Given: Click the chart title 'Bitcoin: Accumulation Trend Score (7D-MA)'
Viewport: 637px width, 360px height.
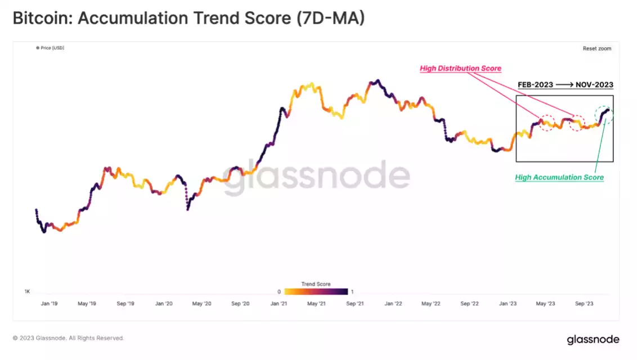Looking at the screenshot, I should [189, 19].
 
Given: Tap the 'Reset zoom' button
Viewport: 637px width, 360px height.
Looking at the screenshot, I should [596, 48].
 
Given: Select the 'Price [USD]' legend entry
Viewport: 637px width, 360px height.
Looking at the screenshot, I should [50, 48].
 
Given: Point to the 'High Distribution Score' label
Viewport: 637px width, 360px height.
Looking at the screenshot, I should [460, 69].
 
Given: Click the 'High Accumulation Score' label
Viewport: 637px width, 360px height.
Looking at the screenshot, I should [559, 177].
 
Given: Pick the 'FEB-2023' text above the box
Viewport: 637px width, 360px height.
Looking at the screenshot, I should [535, 85].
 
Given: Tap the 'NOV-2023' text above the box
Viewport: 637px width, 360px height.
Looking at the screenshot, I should [594, 85].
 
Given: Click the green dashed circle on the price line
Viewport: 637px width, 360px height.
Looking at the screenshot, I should [604, 115].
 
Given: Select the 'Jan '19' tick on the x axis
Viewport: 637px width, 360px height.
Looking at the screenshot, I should [48, 304].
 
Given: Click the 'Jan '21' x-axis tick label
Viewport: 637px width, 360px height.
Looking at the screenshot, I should [280, 304].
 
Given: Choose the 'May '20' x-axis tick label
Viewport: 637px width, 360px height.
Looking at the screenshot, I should [201, 304].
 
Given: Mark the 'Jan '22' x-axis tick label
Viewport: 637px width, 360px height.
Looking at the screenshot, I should [393, 304].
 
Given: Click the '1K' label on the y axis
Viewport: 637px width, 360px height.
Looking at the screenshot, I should [27, 292].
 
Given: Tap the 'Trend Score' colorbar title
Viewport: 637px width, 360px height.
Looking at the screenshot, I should [316, 284].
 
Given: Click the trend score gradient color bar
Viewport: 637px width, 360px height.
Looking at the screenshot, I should [316, 291].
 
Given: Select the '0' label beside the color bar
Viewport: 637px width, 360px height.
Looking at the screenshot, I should [279, 291].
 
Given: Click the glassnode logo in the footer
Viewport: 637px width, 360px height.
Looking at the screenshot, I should [593, 339].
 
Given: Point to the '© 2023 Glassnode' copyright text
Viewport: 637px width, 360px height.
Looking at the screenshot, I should [68, 338].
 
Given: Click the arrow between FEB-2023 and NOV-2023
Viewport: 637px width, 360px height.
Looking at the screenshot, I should [564, 85].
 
